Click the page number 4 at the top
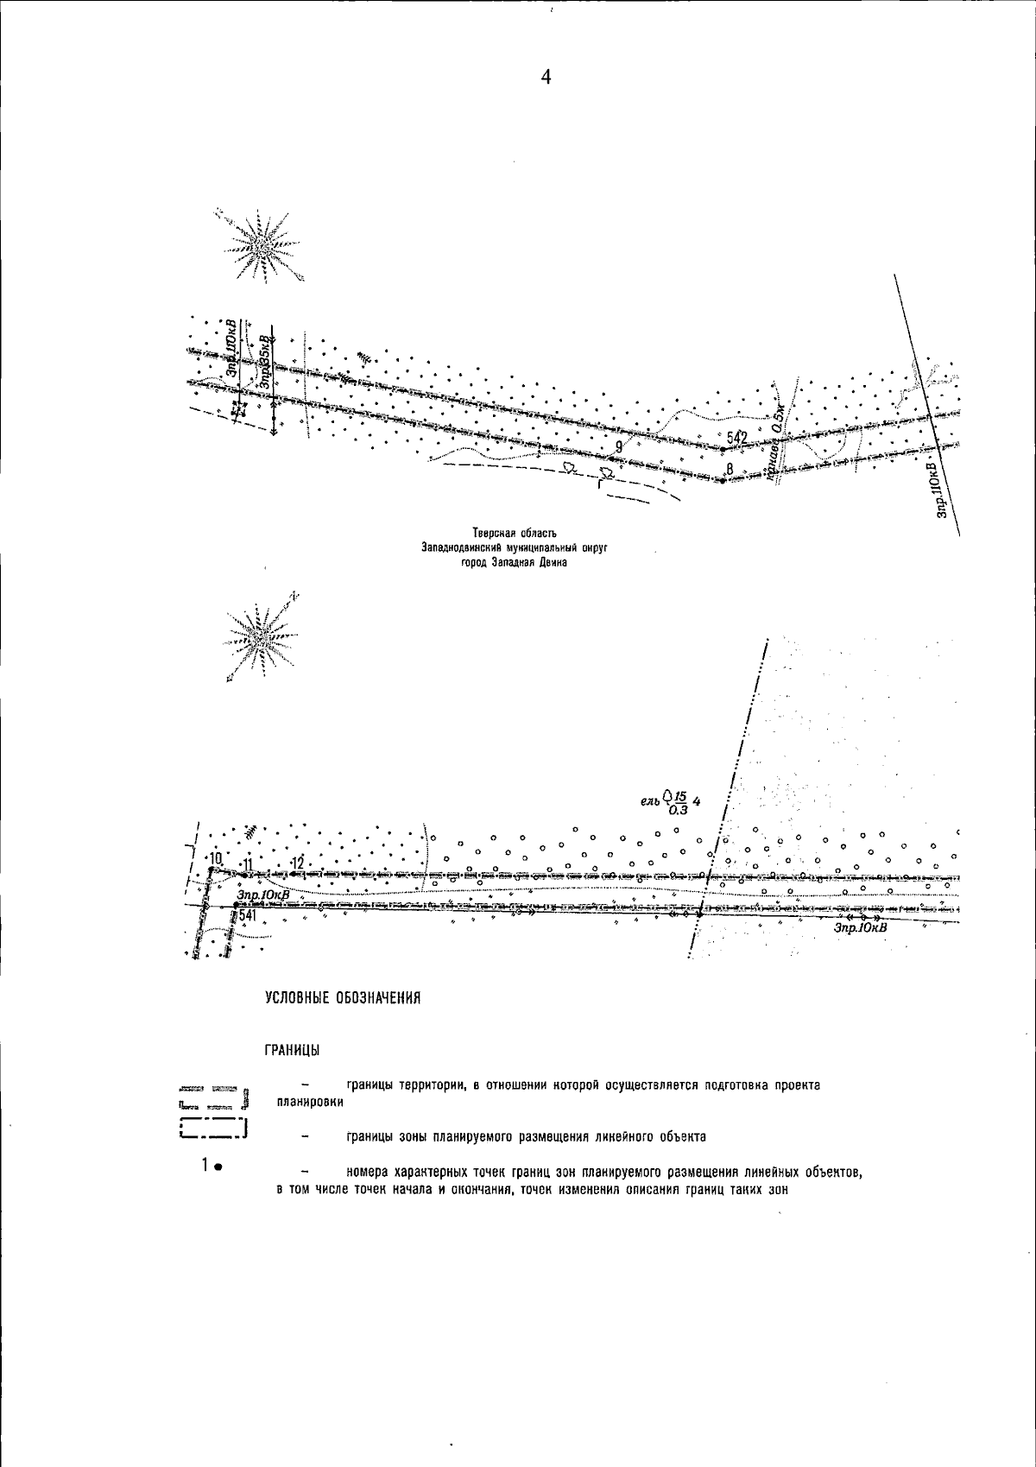tap(546, 78)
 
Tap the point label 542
tap(736, 439)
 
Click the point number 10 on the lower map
tap(215, 858)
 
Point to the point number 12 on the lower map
tap(298, 863)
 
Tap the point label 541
tap(247, 914)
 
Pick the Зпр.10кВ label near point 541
tap(262, 896)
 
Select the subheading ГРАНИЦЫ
tap(293, 1050)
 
